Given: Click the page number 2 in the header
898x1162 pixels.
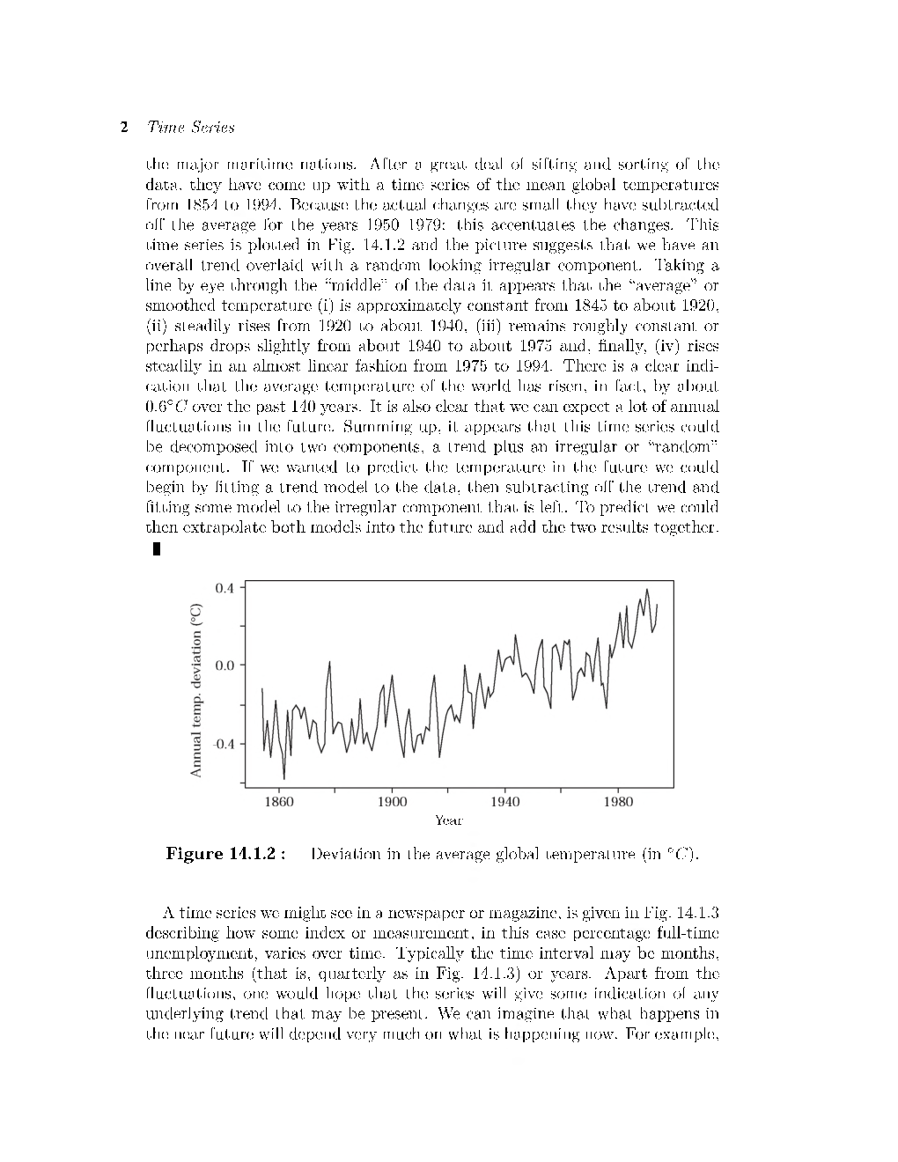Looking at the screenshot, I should point(124,128).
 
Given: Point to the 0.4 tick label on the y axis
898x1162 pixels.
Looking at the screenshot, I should point(224,587).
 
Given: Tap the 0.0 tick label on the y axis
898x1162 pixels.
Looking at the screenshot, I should point(224,666).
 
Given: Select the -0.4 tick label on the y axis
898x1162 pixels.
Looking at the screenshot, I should point(223,743).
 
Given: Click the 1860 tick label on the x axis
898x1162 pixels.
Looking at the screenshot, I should point(279,802).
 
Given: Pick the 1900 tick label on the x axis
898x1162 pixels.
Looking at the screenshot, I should point(392,802).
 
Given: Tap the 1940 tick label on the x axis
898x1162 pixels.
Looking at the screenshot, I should point(504,802).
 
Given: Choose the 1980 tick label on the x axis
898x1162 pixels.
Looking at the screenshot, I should point(617,802).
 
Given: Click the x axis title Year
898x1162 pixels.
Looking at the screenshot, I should point(448,820).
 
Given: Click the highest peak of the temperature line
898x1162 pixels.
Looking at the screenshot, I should point(647,590).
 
